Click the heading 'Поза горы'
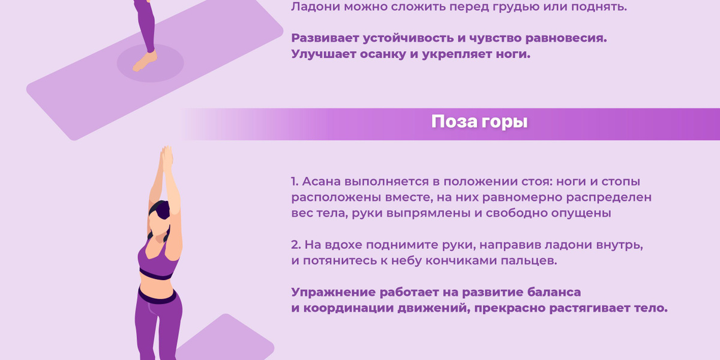[479, 122]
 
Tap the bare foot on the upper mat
[145, 61]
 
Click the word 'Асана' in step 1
[322, 182]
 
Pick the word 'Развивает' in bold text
[325, 38]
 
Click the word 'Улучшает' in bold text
[323, 55]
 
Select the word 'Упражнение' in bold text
[334, 293]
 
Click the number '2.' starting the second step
[296, 245]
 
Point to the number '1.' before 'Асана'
[295, 182]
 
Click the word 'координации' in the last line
[348, 308]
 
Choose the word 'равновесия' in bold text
[566, 38]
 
